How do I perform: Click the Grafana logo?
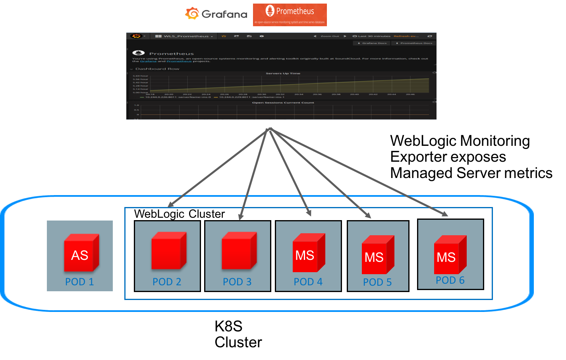coord(216,14)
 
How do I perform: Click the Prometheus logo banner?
coord(290,15)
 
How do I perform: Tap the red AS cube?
coord(81,253)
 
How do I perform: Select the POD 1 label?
coord(79,282)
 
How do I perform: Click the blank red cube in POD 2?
coord(168,251)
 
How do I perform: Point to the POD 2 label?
coord(167,282)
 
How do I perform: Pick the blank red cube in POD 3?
coord(239,251)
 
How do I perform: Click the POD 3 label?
coord(237,282)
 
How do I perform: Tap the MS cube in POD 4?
coord(309,253)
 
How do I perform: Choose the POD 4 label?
coord(308,282)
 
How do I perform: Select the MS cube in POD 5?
coord(378,255)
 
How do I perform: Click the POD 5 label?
coord(377,282)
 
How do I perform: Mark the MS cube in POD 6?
coord(450,255)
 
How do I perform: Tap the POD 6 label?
coord(450,280)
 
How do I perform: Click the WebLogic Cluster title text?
coord(180,214)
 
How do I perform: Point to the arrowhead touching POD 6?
coord(444,214)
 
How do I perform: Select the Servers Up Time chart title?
coord(283,74)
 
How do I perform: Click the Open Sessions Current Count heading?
coord(283,103)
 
